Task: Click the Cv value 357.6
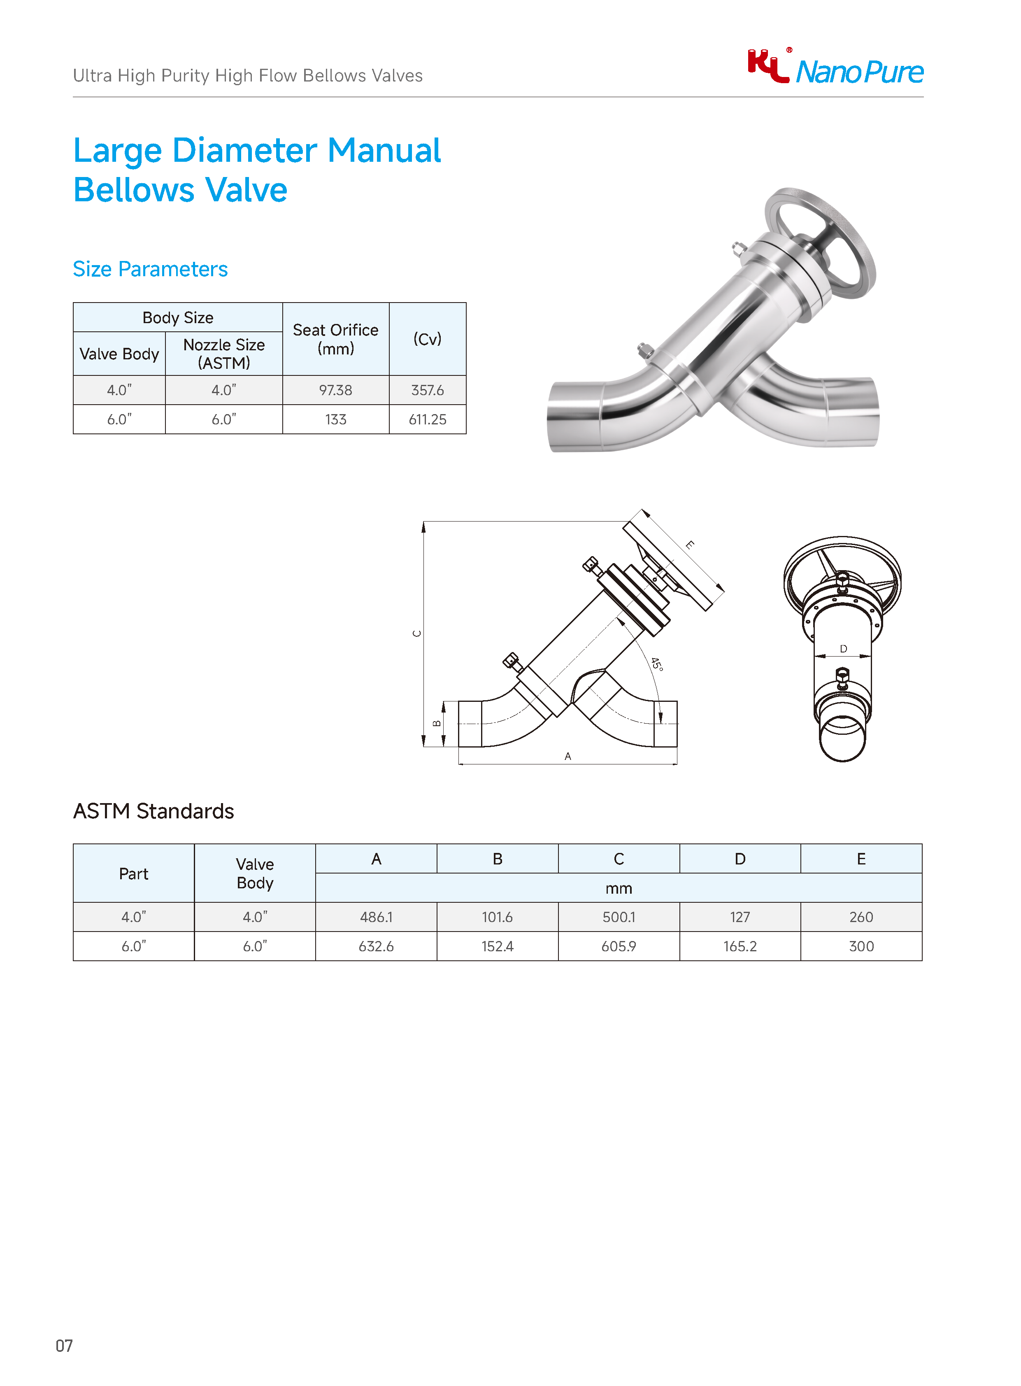pos(427,390)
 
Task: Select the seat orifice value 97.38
pos(335,390)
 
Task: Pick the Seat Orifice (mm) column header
pos(335,339)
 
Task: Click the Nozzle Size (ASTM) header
pos(224,354)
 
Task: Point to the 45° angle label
pos(656,664)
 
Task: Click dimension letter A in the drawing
pos(567,756)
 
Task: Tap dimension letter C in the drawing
pos(417,634)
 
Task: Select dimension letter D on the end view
pos(843,648)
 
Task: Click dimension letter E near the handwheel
pos(690,545)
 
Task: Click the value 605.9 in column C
pos(619,946)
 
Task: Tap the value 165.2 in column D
pos(740,946)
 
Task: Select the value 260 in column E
pos(861,917)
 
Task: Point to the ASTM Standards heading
pos(153,811)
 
